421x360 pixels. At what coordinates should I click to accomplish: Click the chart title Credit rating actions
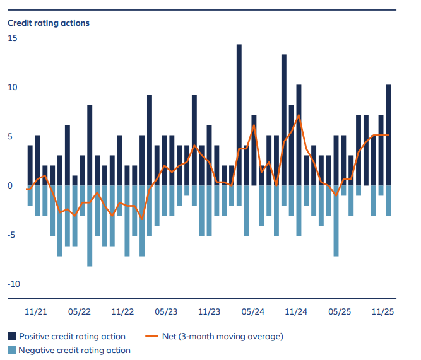[49, 23]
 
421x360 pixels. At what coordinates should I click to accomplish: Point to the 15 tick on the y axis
[13, 38]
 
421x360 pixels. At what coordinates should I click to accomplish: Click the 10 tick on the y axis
[13, 88]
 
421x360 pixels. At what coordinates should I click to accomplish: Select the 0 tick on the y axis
[10, 186]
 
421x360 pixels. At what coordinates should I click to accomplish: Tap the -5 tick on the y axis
[12, 235]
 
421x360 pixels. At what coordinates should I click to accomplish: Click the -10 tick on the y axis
[14, 284]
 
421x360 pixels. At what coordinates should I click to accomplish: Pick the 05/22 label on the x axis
[79, 311]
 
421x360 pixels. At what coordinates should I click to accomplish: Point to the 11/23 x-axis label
[209, 311]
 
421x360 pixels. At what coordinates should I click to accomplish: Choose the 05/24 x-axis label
[252, 311]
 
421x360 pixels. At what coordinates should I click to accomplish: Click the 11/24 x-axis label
[296, 311]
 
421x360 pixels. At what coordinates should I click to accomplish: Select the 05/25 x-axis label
[340, 311]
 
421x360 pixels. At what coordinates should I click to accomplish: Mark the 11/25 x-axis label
[382, 311]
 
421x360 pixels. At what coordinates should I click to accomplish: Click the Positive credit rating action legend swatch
[12, 336]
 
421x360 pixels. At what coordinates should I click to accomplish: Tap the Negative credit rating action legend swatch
[12, 350]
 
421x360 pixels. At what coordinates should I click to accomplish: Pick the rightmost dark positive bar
[388, 135]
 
